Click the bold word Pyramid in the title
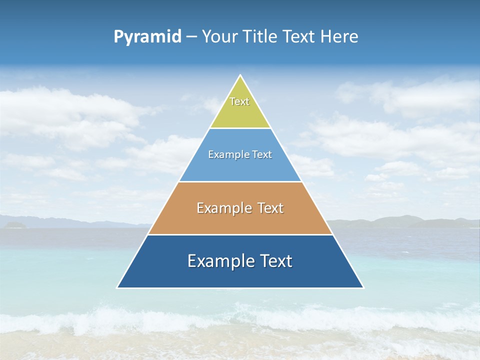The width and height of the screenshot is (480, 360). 147,37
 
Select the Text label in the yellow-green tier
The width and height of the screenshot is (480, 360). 239,101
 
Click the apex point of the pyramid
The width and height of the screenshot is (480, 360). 240,75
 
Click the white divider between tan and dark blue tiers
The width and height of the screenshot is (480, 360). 240,234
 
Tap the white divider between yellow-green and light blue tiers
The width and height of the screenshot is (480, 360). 240,128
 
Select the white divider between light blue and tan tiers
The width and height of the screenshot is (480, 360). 240,181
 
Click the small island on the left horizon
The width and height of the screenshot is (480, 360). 13,225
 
